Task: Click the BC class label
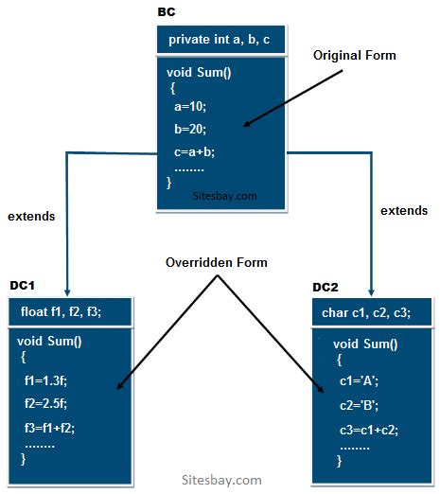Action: point(166,13)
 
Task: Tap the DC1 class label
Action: point(24,285)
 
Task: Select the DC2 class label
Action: point(326,287)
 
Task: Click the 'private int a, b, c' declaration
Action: point(219,40)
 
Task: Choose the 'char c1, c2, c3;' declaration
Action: point(373,312)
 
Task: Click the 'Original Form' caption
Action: point(354,56)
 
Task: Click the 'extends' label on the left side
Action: point(31,216)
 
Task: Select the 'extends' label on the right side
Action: point(404,211)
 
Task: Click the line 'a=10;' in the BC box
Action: point(190,107)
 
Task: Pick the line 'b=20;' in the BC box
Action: point(190,129)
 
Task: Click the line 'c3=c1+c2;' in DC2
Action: point(367,429)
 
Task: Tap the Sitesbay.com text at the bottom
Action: point(221,480)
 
